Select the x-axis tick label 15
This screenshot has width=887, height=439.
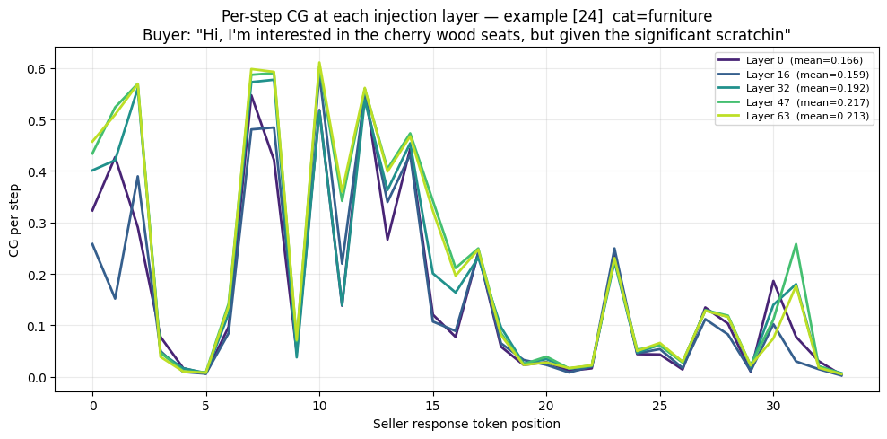(x=433, y=406)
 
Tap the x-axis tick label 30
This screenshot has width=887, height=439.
(x=774, y=406)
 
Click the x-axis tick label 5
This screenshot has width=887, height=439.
(x=206, y=406)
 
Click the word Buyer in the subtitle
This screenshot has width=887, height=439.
(x=161, y=35)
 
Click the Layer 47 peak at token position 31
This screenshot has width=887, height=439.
(x=796, y=244)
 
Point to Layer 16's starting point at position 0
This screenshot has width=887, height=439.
(x=92, y=244)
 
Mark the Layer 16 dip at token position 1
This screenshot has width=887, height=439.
(x=115, y=299)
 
